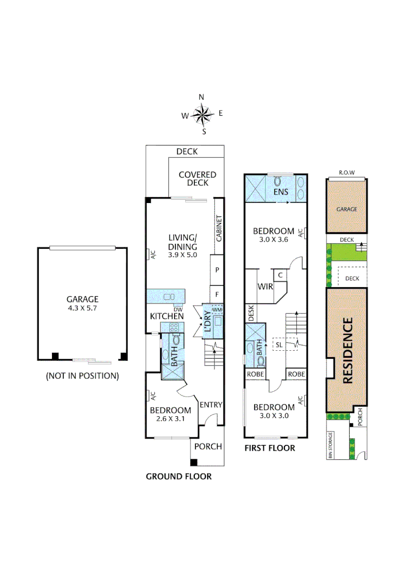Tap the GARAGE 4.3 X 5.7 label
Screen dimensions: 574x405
82,303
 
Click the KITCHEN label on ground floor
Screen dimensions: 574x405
167,316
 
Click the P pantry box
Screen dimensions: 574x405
217,270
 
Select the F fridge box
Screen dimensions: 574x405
217,294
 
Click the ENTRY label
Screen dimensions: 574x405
211,404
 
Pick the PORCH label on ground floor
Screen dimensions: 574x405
208,446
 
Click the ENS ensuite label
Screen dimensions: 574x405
280,191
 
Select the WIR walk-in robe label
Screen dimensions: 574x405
265,286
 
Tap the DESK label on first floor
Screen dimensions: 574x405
251,313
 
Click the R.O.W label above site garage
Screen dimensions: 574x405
346,173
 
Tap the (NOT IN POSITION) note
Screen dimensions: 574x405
82,376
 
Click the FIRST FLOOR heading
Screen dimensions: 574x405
269,448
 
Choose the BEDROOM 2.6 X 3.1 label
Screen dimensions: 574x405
170,415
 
